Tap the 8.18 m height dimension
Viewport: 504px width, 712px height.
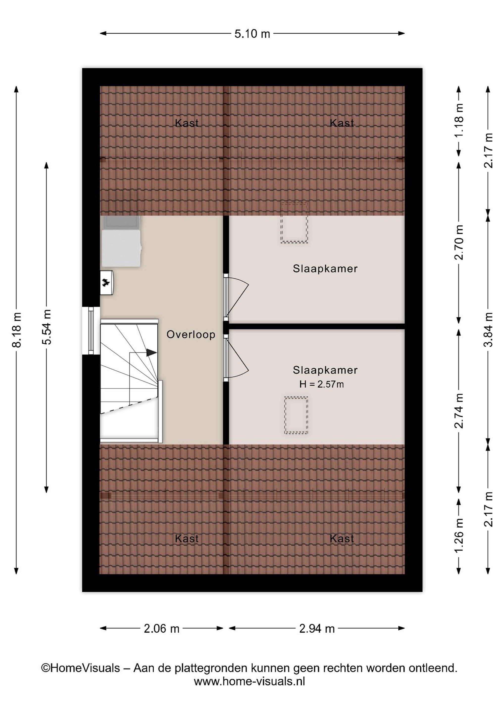click(x=17, y=330)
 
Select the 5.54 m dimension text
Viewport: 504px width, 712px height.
click(x=47, y=327)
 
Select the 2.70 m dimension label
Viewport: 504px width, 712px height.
click(x=459, y=242)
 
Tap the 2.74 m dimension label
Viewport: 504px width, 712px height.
click(x=459, y=411)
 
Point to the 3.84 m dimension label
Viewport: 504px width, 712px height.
click(x=488, y=329)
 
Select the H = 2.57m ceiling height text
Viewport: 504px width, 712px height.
click(x=321, y=384)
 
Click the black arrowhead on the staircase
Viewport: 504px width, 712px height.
click(x=151, y=353)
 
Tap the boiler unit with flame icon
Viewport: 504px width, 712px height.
click(x=106, y=283)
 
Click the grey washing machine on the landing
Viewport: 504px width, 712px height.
click(x=121, y=242)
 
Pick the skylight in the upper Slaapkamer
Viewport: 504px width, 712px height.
click(x=294, y=222)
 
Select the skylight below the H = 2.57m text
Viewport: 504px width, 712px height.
click(x=296, y=415)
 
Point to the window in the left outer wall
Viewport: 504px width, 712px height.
click(x=91, y=331)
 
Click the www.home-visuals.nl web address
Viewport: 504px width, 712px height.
click(x=249, y=681)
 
